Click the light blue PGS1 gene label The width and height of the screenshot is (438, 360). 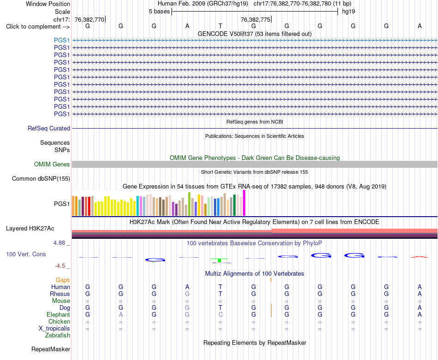[62, 40]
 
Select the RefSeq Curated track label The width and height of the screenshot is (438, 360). [48, 128]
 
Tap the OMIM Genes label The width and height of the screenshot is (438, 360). [52, 164]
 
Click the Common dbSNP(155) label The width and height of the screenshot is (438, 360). [41, 178]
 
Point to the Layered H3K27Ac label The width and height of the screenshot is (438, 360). [30, 229]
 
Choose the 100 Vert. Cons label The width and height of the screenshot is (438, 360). [26, 254]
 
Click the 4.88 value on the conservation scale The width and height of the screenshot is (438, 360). [59, 243]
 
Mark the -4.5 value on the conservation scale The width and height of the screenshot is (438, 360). [60, 266]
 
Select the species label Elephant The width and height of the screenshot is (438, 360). [58, 315]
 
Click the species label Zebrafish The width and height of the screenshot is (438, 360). [58, 336]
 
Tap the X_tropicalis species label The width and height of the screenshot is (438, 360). [54, 329]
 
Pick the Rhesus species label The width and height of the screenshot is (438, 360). [60, 294]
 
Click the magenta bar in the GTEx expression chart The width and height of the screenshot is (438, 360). [244, 203]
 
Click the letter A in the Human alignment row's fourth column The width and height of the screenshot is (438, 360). [187, 287]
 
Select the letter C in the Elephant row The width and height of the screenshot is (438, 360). [220, 315]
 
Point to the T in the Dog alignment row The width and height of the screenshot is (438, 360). [220, 308]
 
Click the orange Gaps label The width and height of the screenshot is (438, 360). [63, 280]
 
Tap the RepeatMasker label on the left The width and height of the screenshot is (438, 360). [51, 349]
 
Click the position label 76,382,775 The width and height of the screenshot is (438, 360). [255, 19]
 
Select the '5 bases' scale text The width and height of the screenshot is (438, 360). [159, 12]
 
